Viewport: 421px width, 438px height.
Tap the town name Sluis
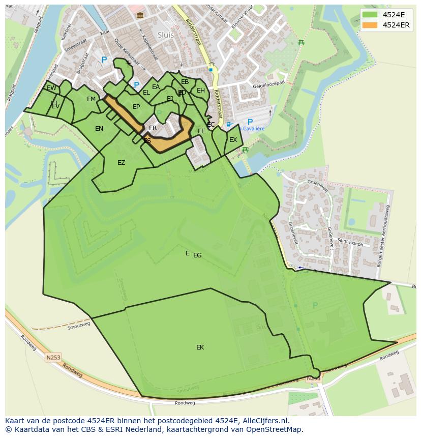tap(166, 35)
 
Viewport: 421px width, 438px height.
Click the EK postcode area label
tap(200, 347)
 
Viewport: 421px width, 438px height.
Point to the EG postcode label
tap(197, 255)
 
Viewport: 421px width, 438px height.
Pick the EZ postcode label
tap(121, 163)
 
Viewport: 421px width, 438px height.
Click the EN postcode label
tap(99, 129)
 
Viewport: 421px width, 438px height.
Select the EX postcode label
tap(233, 140)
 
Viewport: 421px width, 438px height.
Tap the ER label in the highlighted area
tap(153, 128)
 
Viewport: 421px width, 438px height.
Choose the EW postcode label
tap(51, 88)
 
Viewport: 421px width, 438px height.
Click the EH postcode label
tap(201, 91)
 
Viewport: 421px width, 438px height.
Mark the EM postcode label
tap(91, 99)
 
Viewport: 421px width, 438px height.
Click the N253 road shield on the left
tap(53, 358)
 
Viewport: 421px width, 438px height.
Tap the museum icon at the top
tap(140, 16)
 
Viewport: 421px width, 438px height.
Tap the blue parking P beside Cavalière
tap(250, 122)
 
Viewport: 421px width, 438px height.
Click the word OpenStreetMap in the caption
tap(275, 429)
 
